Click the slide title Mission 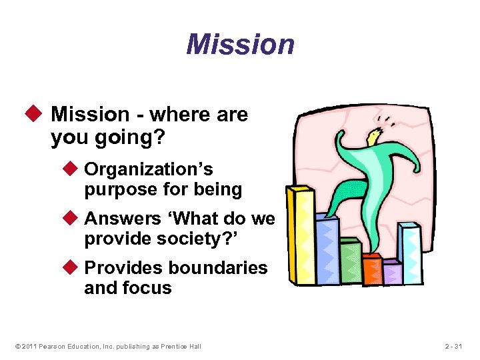coord(240,45)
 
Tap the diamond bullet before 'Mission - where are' coord(38,115)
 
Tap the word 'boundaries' coord(218,268)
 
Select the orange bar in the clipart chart coord(371,270)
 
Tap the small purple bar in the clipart coord(391,273)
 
